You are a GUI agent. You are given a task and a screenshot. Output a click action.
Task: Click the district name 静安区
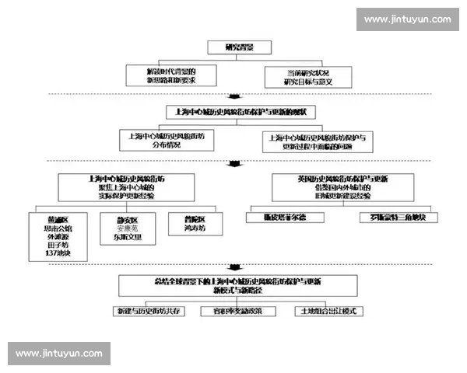(x=128, y=220)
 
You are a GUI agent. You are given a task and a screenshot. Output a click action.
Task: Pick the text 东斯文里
(x=128, y=238)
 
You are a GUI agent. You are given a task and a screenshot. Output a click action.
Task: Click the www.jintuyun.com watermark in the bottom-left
(x=59, y=354)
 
